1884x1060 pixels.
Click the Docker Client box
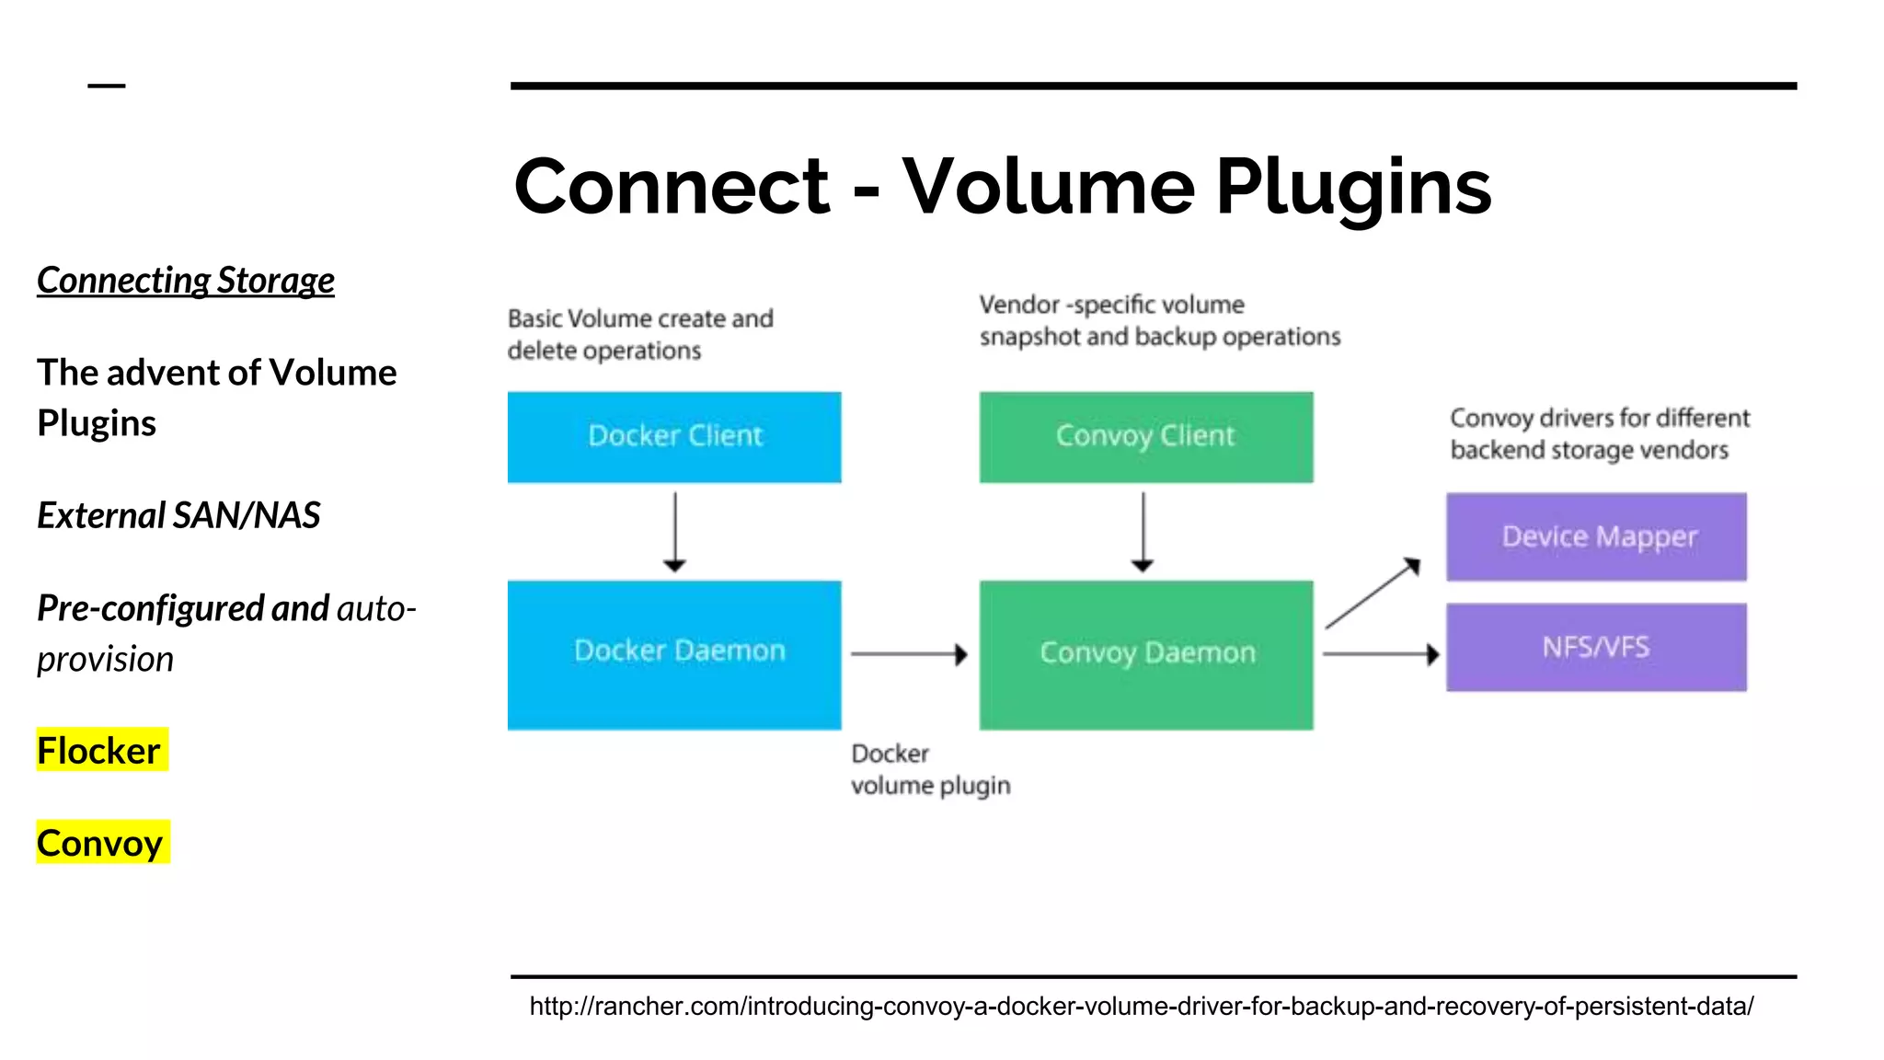674,437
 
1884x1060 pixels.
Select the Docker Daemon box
674,654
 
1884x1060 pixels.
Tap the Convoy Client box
1145,437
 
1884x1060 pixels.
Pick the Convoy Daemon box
1145,654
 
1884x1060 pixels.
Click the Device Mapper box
1596,536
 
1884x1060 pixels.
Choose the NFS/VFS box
1596,647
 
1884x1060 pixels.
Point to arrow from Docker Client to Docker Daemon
675,532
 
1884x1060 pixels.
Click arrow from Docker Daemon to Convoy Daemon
909,654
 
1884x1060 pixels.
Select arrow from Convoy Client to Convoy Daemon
1143,532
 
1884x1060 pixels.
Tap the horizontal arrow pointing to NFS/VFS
1380,654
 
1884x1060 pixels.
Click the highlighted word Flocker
99,751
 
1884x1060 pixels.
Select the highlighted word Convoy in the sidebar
101,843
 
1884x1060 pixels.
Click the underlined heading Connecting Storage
186,281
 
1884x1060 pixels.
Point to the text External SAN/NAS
178,515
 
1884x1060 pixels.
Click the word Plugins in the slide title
1352,187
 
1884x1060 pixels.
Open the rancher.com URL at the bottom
1141,1006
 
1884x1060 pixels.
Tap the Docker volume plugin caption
929,770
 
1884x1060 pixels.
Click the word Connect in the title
672,187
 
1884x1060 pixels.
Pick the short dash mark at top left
107,86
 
